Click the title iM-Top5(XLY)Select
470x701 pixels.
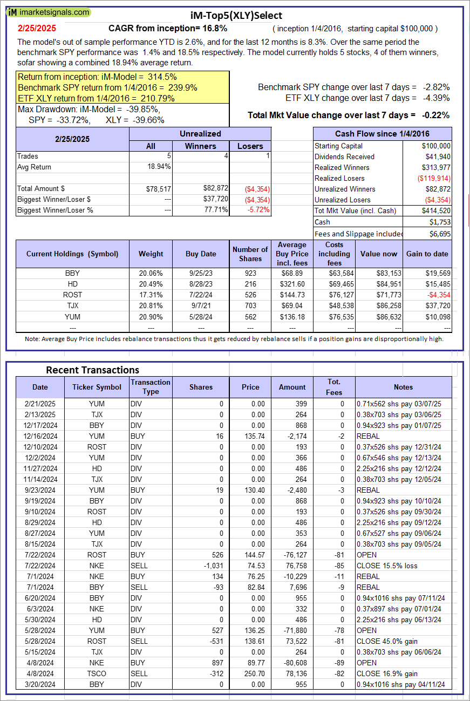pyautogui.click(x=236, y=16)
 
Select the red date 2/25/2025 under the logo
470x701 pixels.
pyautogui.click(x=36, y=28)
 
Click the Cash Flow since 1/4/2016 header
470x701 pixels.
pyautogui.click(x=383, y=134)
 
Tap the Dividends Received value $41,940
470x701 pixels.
pyautogui.click(x=436, y=156)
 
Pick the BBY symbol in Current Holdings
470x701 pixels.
pyautogui.click(x=72, y=273)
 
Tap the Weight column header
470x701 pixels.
pyautogui.click(x=151, y=254)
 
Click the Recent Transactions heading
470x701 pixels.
pyautogui.click(x=92, y=370)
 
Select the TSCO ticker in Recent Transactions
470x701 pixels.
pyautogui.click(x=97, y=673)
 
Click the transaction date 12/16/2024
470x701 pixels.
pyautogui.click(x=40, y=436)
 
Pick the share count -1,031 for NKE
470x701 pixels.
pyautogui.click(x=211, y=566)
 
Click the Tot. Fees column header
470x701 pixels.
pyautogui.click(x=334, y=387)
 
